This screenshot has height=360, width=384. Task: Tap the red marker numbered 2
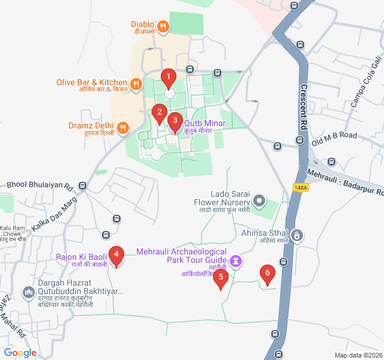pyautogui.click(x=159, y=112)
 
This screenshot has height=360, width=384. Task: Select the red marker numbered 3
pyautogui.click(x=175, y=121)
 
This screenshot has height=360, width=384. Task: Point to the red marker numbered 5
pyautogui.click(x=221, y=278)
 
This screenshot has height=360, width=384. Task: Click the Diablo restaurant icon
pyautogui.click(x=163, y=27)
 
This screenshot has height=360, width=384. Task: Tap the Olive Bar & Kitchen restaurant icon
pyautogui.click(x=136, y=84)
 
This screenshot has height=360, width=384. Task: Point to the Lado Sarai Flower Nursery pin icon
pyautogui.click(x=259, y=200)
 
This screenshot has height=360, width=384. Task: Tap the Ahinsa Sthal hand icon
pyautogui.click(x=298, y=233)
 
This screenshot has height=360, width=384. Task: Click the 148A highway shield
pyautogui.click(x=301, y=188)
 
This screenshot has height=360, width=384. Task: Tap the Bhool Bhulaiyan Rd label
pyautogui.click(x=40, y=186)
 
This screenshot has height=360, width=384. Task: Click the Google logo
pyautogui.click(x=20, y=353)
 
